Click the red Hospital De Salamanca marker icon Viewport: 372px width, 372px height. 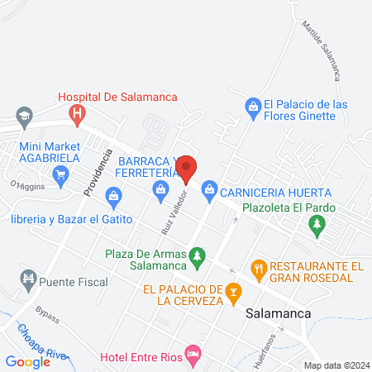coord(77,113)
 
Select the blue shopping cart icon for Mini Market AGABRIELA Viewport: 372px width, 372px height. coord(60,174)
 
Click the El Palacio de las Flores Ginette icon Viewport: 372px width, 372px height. coord(252,105)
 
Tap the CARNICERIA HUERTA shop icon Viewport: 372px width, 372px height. coord(210,190)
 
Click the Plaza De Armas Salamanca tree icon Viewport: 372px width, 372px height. coord(197,258)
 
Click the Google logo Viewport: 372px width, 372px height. coord(27,361)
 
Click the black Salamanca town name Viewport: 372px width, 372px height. coord(278,312)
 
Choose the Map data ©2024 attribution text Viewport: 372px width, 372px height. coord(335,365)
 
